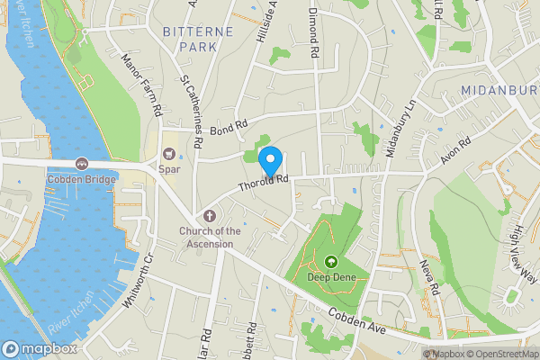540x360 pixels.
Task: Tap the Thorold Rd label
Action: click(x=263, y=183)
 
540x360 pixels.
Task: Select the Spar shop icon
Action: click(x=168, y=152)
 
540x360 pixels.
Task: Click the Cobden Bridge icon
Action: click(x=82, y=163)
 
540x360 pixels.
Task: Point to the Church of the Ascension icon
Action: click(x=210, y=216)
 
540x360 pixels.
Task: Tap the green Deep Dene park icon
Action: click(x=330, y=263)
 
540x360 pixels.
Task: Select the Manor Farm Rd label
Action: click(x=141, y=85)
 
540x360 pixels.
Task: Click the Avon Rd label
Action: click(x=456, y=152)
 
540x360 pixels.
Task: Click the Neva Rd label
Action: click(x=428, y=276)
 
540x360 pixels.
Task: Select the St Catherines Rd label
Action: click(x=191, y=102)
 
